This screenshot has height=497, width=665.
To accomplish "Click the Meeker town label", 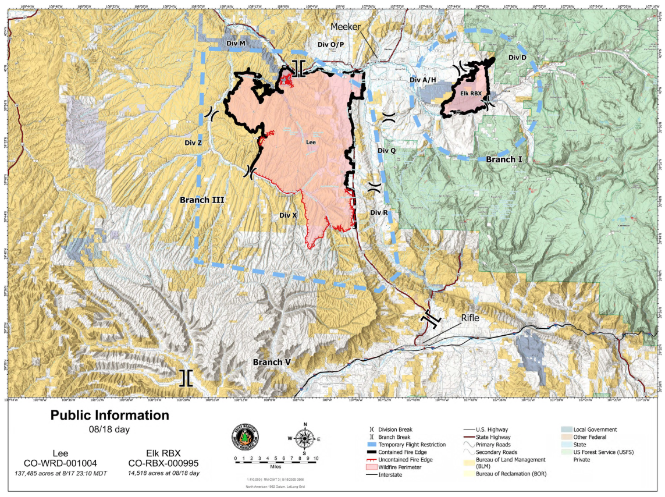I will tap(346, 27).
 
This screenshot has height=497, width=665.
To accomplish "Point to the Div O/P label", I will tap(331, 44).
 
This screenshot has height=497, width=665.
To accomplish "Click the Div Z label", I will tap(193, 142).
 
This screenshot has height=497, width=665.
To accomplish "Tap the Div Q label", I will tap(386, 151).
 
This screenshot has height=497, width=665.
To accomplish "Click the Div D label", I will tap(517, 58).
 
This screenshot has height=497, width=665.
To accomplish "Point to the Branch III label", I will tap(202, 200).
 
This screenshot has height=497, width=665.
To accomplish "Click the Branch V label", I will tap(272, 362).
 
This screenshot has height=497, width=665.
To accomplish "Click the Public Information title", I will tap(109, 416).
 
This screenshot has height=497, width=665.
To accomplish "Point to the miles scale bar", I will tap(275, 459).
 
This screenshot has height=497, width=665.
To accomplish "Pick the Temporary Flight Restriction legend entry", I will tap(411, 445).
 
